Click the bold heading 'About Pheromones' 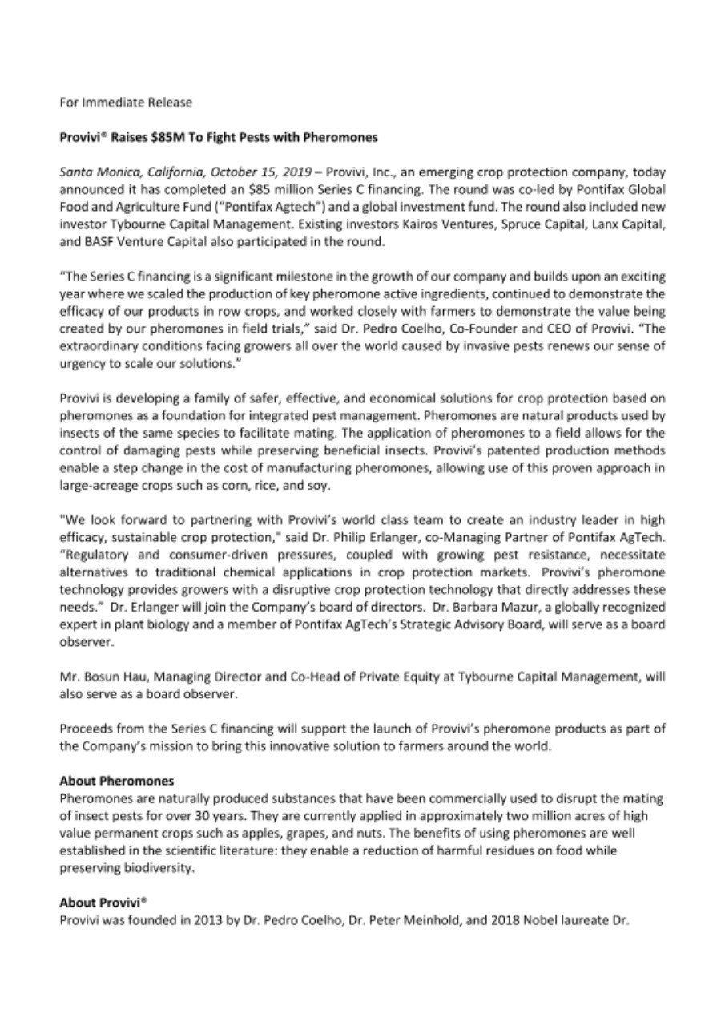click(117, 780)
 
